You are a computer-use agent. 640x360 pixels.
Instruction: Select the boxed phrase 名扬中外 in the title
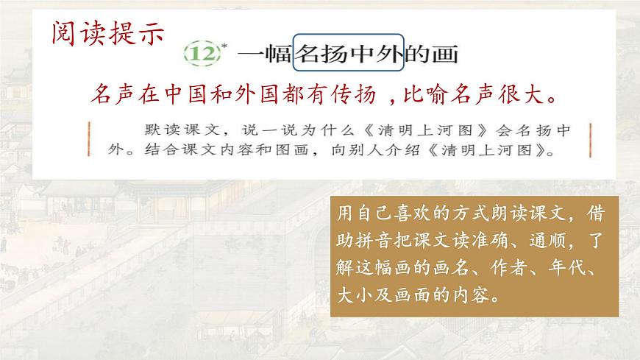pos(349,54)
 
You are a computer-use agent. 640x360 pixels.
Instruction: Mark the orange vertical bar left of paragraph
pos(89,141)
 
